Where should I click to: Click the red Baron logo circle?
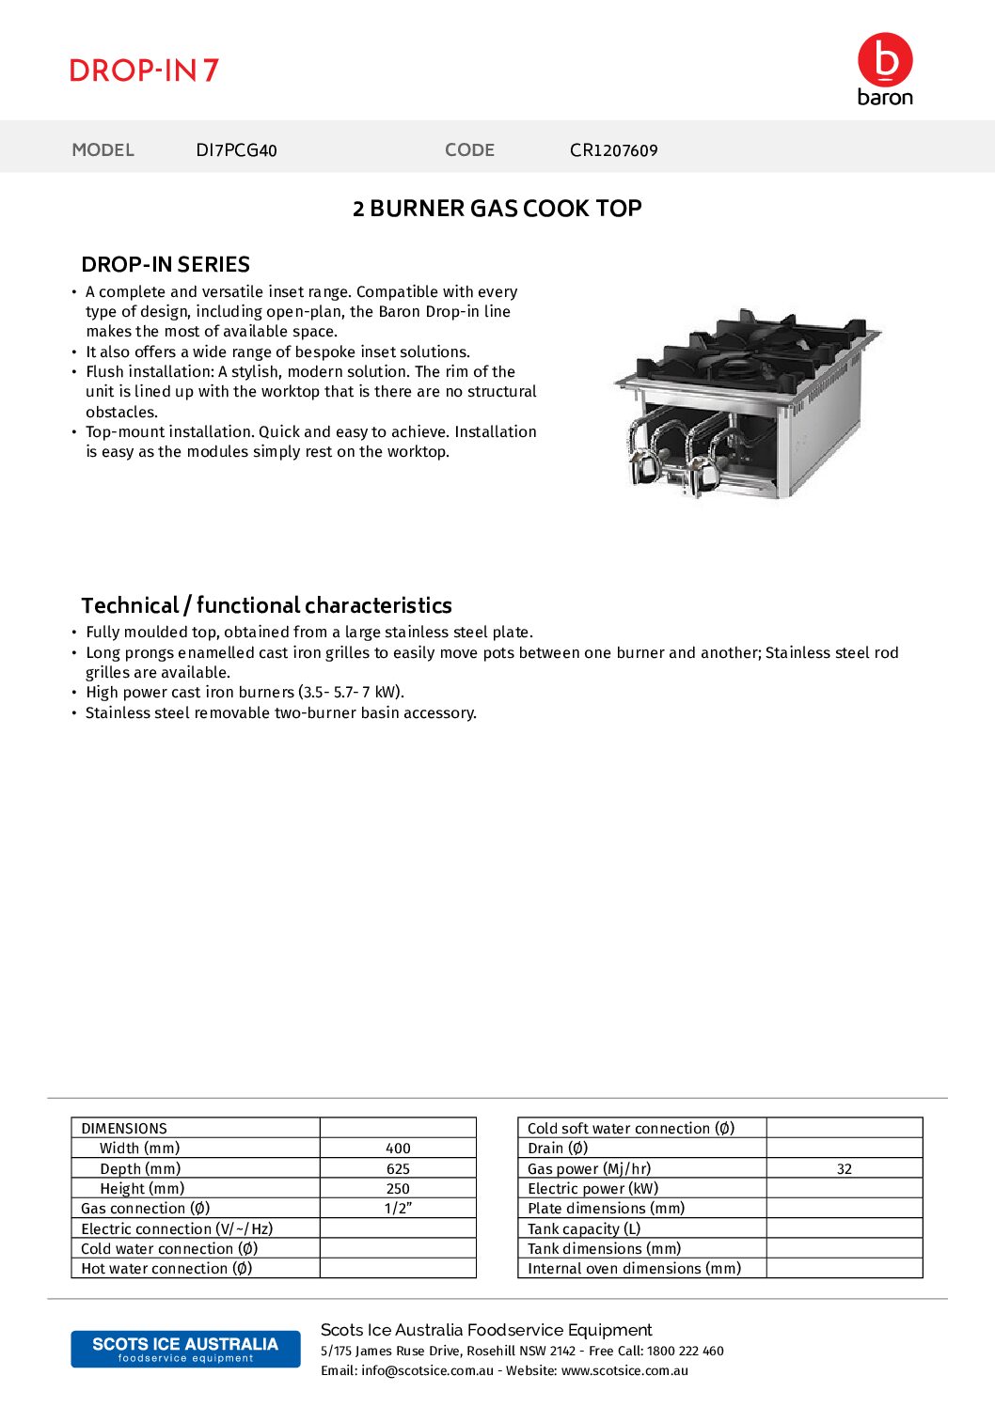885,59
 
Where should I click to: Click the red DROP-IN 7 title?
144,70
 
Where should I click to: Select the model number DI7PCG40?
236,150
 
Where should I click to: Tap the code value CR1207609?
613,150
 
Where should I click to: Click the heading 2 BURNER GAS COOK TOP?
497,209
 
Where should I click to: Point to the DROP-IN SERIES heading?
166,264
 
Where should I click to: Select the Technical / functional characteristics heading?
266,605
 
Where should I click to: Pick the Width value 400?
398,1149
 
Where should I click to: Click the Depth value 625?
398,1169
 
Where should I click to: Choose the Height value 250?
398,1189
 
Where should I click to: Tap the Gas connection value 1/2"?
398,1209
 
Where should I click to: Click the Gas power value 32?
844,1169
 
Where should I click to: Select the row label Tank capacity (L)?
584,1228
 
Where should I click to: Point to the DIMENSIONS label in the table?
124,1128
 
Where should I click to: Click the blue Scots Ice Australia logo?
185,1349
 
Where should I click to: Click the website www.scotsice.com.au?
624,1370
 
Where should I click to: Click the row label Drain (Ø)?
558,1149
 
